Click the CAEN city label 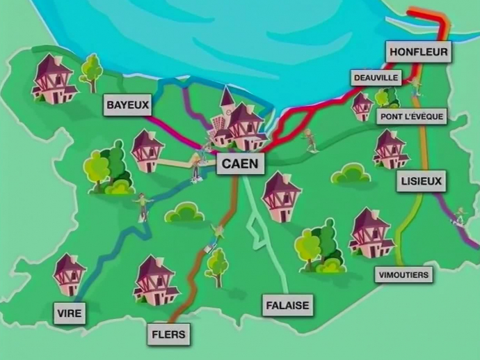coord(241,164)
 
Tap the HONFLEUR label coord(419,52)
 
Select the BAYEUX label coord(128,106)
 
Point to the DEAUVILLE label coord(376,77)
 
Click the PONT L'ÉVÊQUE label coord(412,117)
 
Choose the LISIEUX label coord(422,182)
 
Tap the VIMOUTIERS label coord(403,274)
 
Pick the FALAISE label coord(287,305)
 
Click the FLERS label coord(168,334)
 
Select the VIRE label coord(70,313)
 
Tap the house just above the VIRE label coord(70,274)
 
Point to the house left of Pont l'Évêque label coord(362,107)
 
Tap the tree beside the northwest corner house coord(90,72)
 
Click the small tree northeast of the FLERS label coord(217,266)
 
